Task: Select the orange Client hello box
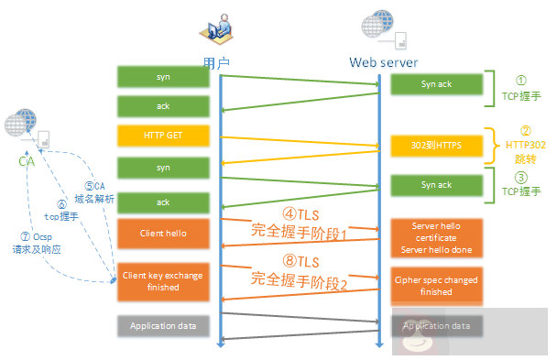[163, 233]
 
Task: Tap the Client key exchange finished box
[163, 280]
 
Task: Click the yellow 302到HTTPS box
[435, 146]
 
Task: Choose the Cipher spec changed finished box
[435, 286]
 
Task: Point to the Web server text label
[383, 62]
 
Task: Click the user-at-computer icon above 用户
[216, 29]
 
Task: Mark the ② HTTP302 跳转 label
[524, 145]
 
